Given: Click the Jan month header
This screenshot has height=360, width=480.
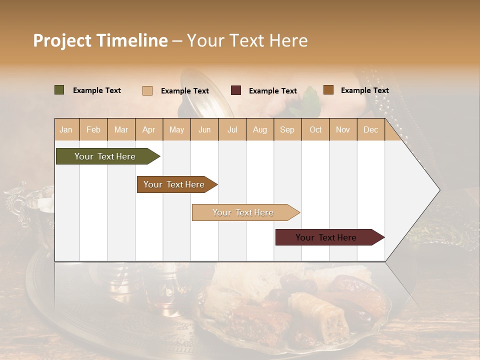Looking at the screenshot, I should tap(66, 130).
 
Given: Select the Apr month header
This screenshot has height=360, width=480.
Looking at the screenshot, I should tap(149, 130).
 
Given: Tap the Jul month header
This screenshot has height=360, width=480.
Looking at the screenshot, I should tap(232, 130).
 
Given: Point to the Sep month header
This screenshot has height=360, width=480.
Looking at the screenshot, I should tap(287, 130).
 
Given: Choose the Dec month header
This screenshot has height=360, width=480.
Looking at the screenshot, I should tap(371, 130).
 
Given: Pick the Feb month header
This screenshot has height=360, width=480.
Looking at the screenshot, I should tap(93, 130).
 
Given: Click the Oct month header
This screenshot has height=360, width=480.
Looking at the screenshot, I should tap(315, 130).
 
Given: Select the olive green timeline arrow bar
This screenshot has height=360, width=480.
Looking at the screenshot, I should tap(105, 156).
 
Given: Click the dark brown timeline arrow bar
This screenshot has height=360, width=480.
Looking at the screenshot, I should tap(174, 184).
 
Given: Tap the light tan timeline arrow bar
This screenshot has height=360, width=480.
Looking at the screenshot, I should tap(243, 212).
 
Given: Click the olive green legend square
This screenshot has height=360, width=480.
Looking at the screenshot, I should tap(59, 90).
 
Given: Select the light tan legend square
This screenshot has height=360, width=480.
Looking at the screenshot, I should tap(147, 90).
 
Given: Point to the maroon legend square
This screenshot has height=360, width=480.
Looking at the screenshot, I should tap(236, 90).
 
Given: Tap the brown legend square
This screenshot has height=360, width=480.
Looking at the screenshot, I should tap(328, 90).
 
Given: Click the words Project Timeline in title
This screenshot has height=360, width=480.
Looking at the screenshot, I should tap(100, 40).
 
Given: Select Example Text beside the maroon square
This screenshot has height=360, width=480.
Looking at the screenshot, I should tap(273, 91).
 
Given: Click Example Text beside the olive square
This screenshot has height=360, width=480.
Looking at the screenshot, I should tap(97, 90).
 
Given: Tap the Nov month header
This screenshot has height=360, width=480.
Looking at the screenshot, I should tap(343, 130).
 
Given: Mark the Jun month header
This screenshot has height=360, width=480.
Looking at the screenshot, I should tap(204, 130).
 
